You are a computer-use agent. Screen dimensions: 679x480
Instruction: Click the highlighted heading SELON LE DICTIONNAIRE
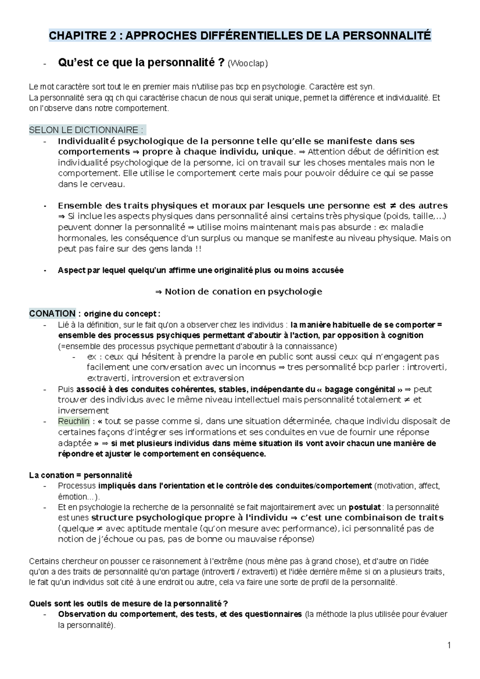click(x=86, y=130)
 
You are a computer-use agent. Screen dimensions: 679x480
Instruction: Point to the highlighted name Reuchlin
click(x=74, y=421)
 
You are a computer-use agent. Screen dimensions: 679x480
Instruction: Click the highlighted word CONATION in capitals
click(x=52, y=314)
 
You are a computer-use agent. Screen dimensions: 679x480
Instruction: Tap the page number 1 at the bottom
click(x=449, y=645)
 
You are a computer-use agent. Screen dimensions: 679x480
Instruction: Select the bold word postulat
click(x=364, y=507)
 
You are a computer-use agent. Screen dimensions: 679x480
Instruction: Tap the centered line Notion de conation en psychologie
click(x=238, y=292)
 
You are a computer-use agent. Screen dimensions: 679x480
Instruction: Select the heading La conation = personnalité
click(x=80, y=475)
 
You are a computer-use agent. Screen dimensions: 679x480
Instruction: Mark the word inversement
click(x=83, y=411)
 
